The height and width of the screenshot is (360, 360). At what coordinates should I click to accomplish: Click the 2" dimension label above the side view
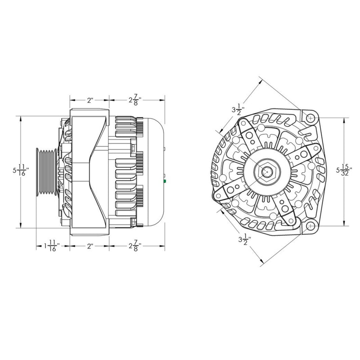pyautogui.click(x=90, y=100)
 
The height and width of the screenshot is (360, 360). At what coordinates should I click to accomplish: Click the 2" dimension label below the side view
pyautogui.click(x=90, y=247)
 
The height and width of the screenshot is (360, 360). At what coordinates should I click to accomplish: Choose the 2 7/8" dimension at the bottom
pyautogui.click(x=135, y=247)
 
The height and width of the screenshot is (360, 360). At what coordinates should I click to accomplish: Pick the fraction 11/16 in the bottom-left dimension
pyautogui.click(x=53, y=247)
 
